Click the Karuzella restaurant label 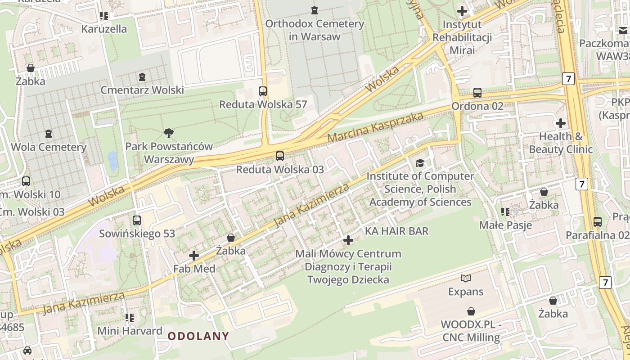pos(104,29)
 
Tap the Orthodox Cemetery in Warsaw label pos(315,30)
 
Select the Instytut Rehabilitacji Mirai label pos(462,37)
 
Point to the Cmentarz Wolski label pos(142,90)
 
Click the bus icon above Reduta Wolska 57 pos(263,91)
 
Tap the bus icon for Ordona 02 pos(477,93)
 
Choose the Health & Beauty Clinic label pos(561,143)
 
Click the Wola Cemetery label pos(49,147)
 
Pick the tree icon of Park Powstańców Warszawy pos(169,133)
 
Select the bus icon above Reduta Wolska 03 pos(280,156)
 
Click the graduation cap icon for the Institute pos(420,163)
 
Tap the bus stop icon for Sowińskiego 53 pos(137,220)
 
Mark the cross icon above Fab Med pos(194,256)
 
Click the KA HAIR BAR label pos(396,231)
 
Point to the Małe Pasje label pos(506,225)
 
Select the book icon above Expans pos(466,279)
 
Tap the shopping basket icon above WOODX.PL pos(471,311)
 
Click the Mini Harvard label pos(130,331)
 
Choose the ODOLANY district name pos(198,336)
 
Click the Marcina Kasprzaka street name pos(375,127)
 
